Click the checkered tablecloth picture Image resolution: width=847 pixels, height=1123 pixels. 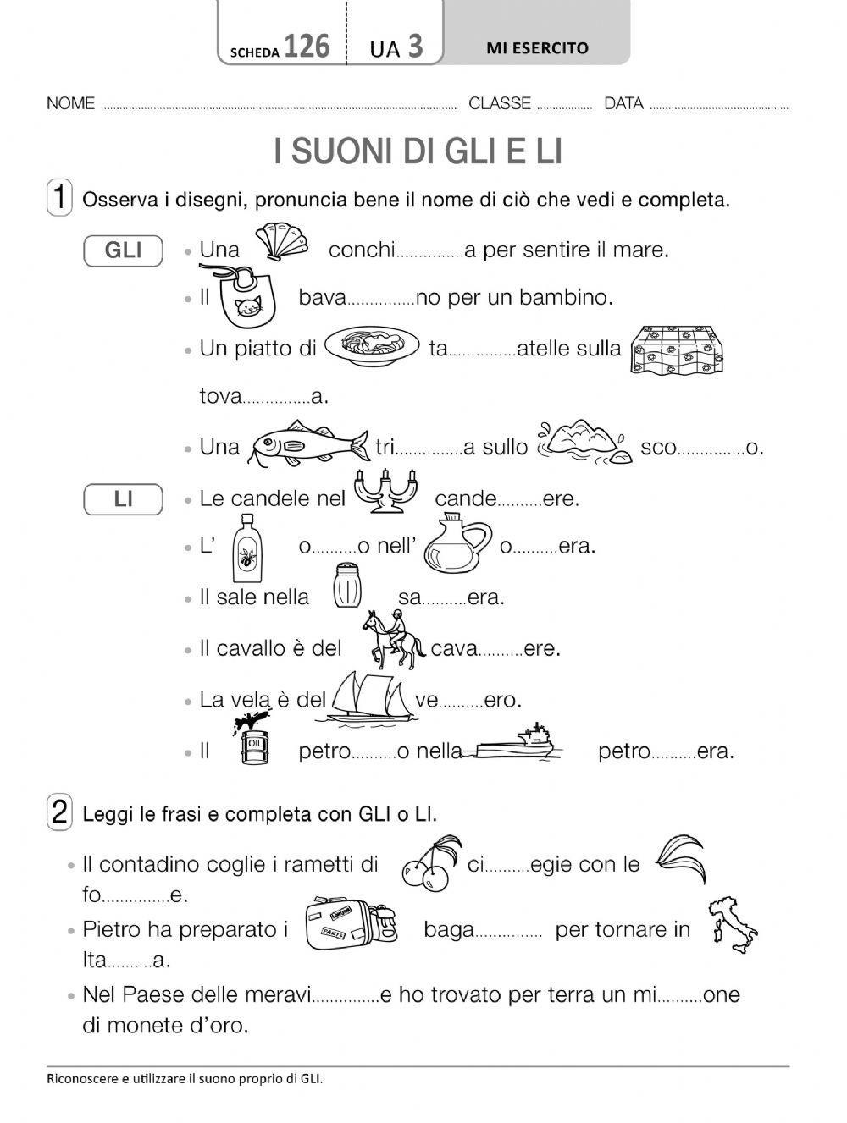point(679,350)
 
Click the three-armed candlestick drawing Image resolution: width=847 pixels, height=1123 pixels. point(385,493)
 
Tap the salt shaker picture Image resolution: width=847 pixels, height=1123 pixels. point(347,586)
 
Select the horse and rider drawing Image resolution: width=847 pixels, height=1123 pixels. point(393,639)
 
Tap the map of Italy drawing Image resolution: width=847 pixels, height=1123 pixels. point(731,926)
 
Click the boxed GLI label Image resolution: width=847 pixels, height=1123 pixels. point(124,250)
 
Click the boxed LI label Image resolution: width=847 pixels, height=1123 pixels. point(124,499)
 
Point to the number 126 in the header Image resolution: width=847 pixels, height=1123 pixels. point(307,47)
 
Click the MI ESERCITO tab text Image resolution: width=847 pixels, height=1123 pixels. point(537,48)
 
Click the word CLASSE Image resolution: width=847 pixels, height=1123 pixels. point(499,104)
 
